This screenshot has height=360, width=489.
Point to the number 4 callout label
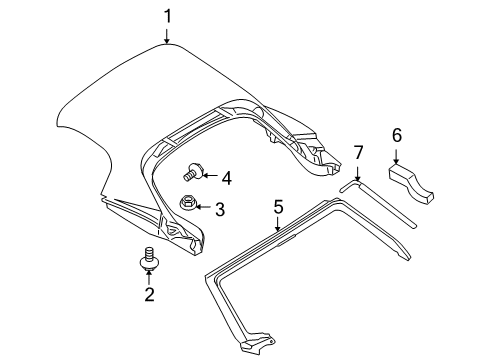point(227,178)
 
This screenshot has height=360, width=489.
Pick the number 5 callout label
point(279,207)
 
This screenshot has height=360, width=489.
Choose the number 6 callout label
point(397,134)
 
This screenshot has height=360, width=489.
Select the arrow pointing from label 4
point(210,178)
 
